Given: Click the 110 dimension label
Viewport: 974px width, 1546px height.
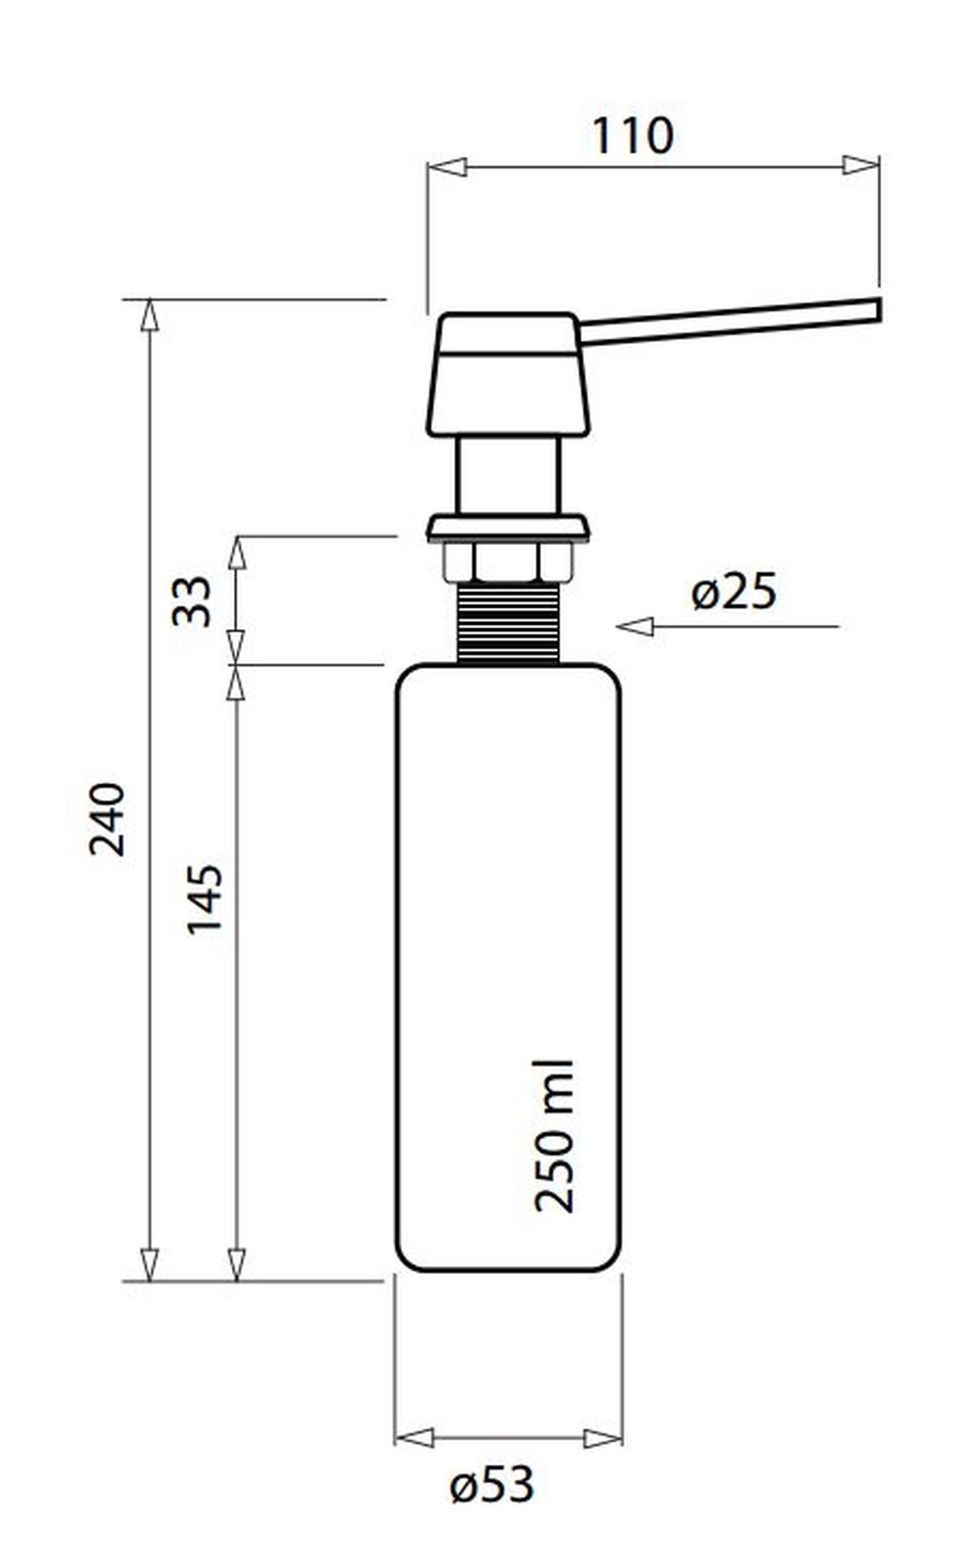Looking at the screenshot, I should (x=632, y=137).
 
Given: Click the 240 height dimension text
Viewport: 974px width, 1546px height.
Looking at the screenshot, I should (x=108, y=819).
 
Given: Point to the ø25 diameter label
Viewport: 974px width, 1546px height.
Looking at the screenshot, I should (x=734, y=592).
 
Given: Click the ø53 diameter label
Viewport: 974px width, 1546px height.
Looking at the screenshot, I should (x=492, y=1485).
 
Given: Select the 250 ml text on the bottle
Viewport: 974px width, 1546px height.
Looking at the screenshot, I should (x=555, y=1136).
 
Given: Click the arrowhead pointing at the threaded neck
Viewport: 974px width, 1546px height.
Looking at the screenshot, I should (x=635, y=627).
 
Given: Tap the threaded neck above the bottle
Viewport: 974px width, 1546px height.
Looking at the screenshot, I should (x=508, y=624).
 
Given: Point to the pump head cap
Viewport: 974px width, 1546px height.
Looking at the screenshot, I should (x=508, y=375).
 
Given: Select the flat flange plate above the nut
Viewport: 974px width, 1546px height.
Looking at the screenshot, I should (x=507, y=528).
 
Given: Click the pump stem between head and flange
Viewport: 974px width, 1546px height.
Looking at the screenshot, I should (x=509, y=475).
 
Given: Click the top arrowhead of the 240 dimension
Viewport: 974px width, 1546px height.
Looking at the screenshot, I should (x=149, y=316).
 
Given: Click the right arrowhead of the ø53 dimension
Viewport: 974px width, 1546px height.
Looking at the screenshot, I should (x=603, y=1439).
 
